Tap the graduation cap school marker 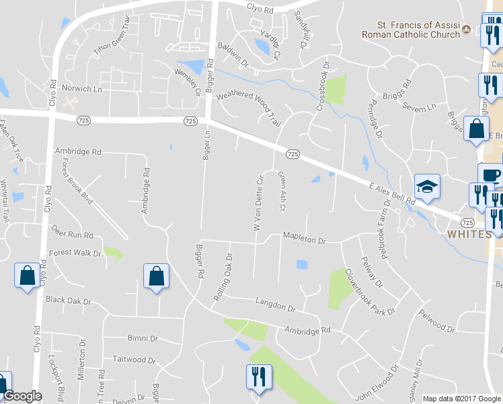426,187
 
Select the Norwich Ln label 81,88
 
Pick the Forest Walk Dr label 75,254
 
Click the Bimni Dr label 143,338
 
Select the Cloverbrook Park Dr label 370,293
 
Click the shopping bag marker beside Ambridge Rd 156,277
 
